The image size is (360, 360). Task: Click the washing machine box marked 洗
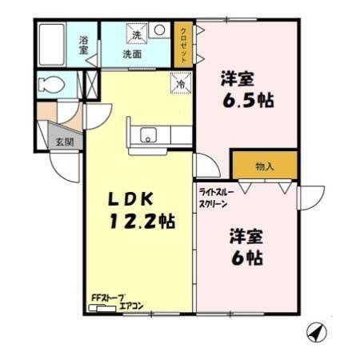(137, 34)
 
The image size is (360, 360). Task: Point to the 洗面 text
(132, 55)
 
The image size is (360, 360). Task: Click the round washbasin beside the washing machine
(159, 31)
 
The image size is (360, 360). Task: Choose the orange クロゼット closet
(183, 44)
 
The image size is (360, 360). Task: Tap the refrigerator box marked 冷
(180, 81)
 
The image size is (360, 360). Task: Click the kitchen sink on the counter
(149, 135)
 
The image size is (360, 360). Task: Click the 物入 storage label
(265, 166)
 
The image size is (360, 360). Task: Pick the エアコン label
(131, 305)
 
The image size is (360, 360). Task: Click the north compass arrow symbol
(317, 332)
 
